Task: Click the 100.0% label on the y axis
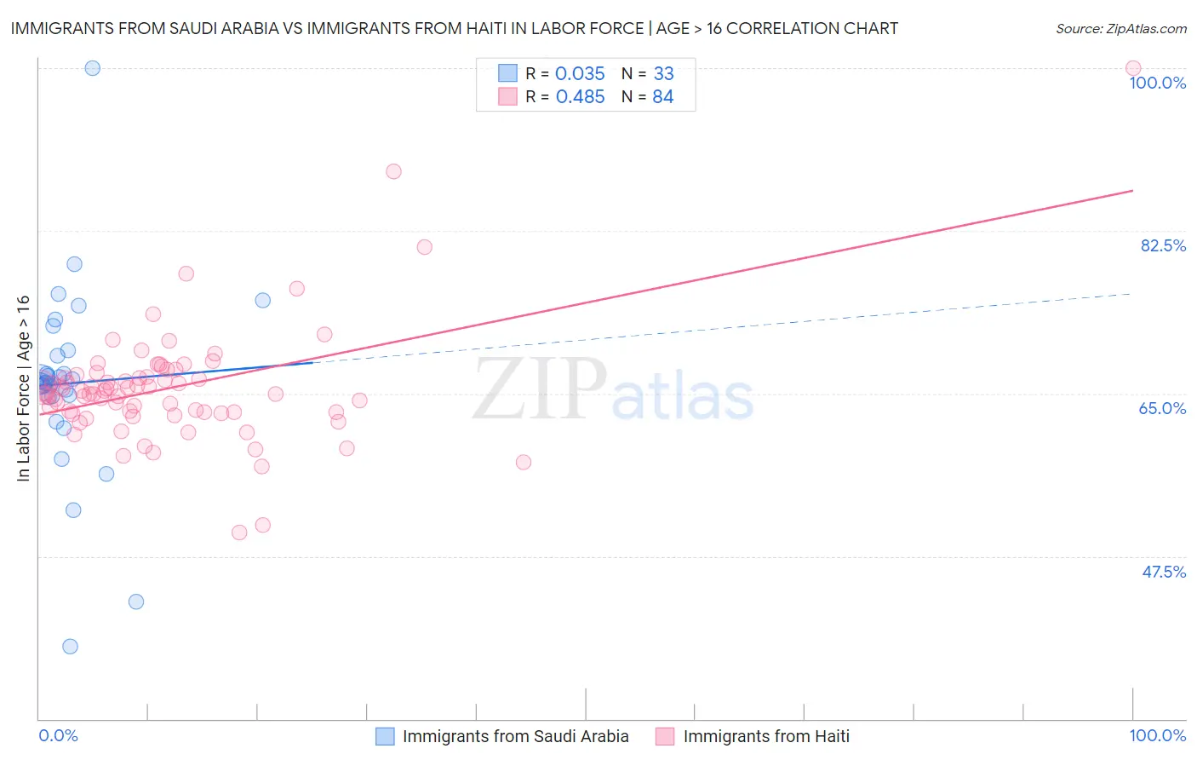tap(1157, 83)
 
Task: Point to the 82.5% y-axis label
tap(1162, 245)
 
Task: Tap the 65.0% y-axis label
tap(1162, 408)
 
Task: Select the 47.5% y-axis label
tap(1163, 572)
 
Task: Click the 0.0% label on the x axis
tap(58, 735)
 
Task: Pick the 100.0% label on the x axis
tap(1157, 735)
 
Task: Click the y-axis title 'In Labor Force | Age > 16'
tap(23, 389)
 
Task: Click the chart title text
tap(454, 28)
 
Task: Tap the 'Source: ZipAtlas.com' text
tap(1120, 28)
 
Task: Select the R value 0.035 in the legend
tap(580, 74)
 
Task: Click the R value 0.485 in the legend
tap(580, 97)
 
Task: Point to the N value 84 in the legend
tap(662, 97)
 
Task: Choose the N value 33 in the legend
tap(663, 74)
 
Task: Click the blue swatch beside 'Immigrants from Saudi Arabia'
tap(385, 736)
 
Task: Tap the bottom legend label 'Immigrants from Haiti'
tap(765, 736)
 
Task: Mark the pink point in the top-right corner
tap(1132, 68)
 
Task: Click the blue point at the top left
tap(93, 68)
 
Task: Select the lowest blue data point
tap(70, 647)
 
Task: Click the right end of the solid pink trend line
tap(1132, 190)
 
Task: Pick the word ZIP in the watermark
tap(540, 389)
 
